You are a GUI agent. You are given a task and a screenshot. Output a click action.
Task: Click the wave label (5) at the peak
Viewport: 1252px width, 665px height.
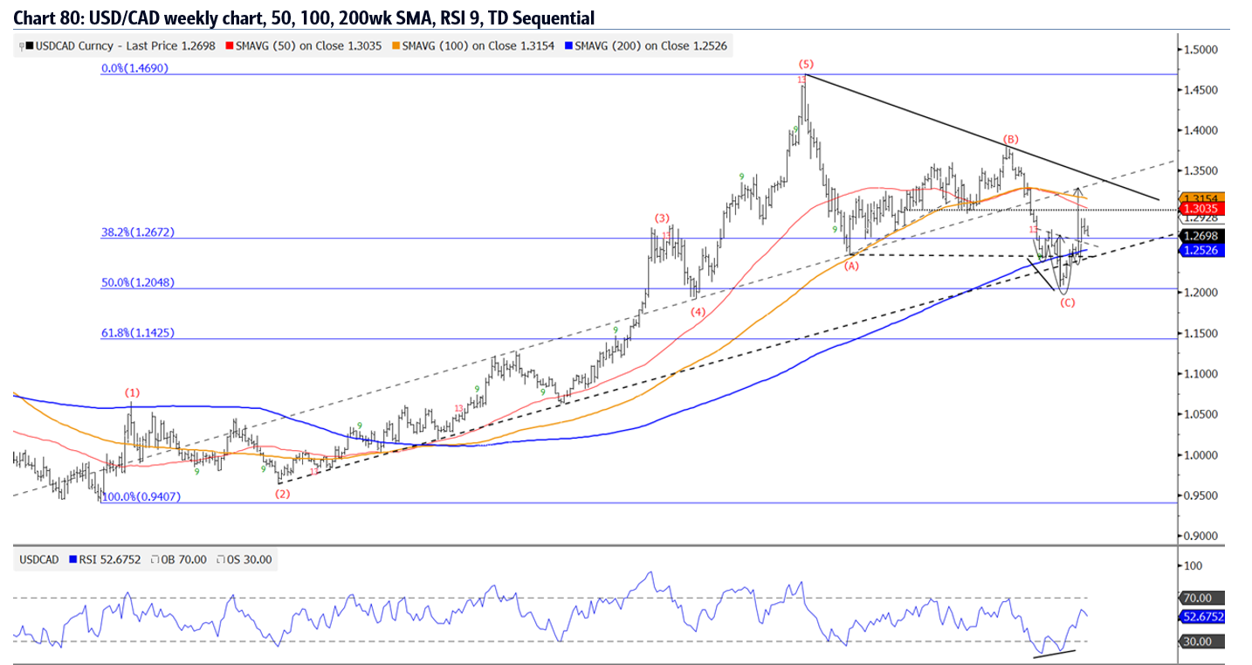click(806, 64)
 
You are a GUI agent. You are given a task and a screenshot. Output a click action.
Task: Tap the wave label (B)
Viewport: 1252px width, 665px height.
click(1010, 139)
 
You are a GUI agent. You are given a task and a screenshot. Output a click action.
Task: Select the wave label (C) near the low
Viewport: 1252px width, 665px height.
click(1067, 302)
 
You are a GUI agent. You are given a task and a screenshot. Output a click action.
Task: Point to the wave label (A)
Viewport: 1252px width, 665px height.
click(852, 267)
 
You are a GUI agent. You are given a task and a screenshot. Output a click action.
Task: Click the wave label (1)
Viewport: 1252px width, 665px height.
click(132, 392)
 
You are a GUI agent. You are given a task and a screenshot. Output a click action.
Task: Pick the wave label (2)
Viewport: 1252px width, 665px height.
click(282, 494)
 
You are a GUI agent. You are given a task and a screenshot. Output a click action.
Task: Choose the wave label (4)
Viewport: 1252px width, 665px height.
click(698, 311)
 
